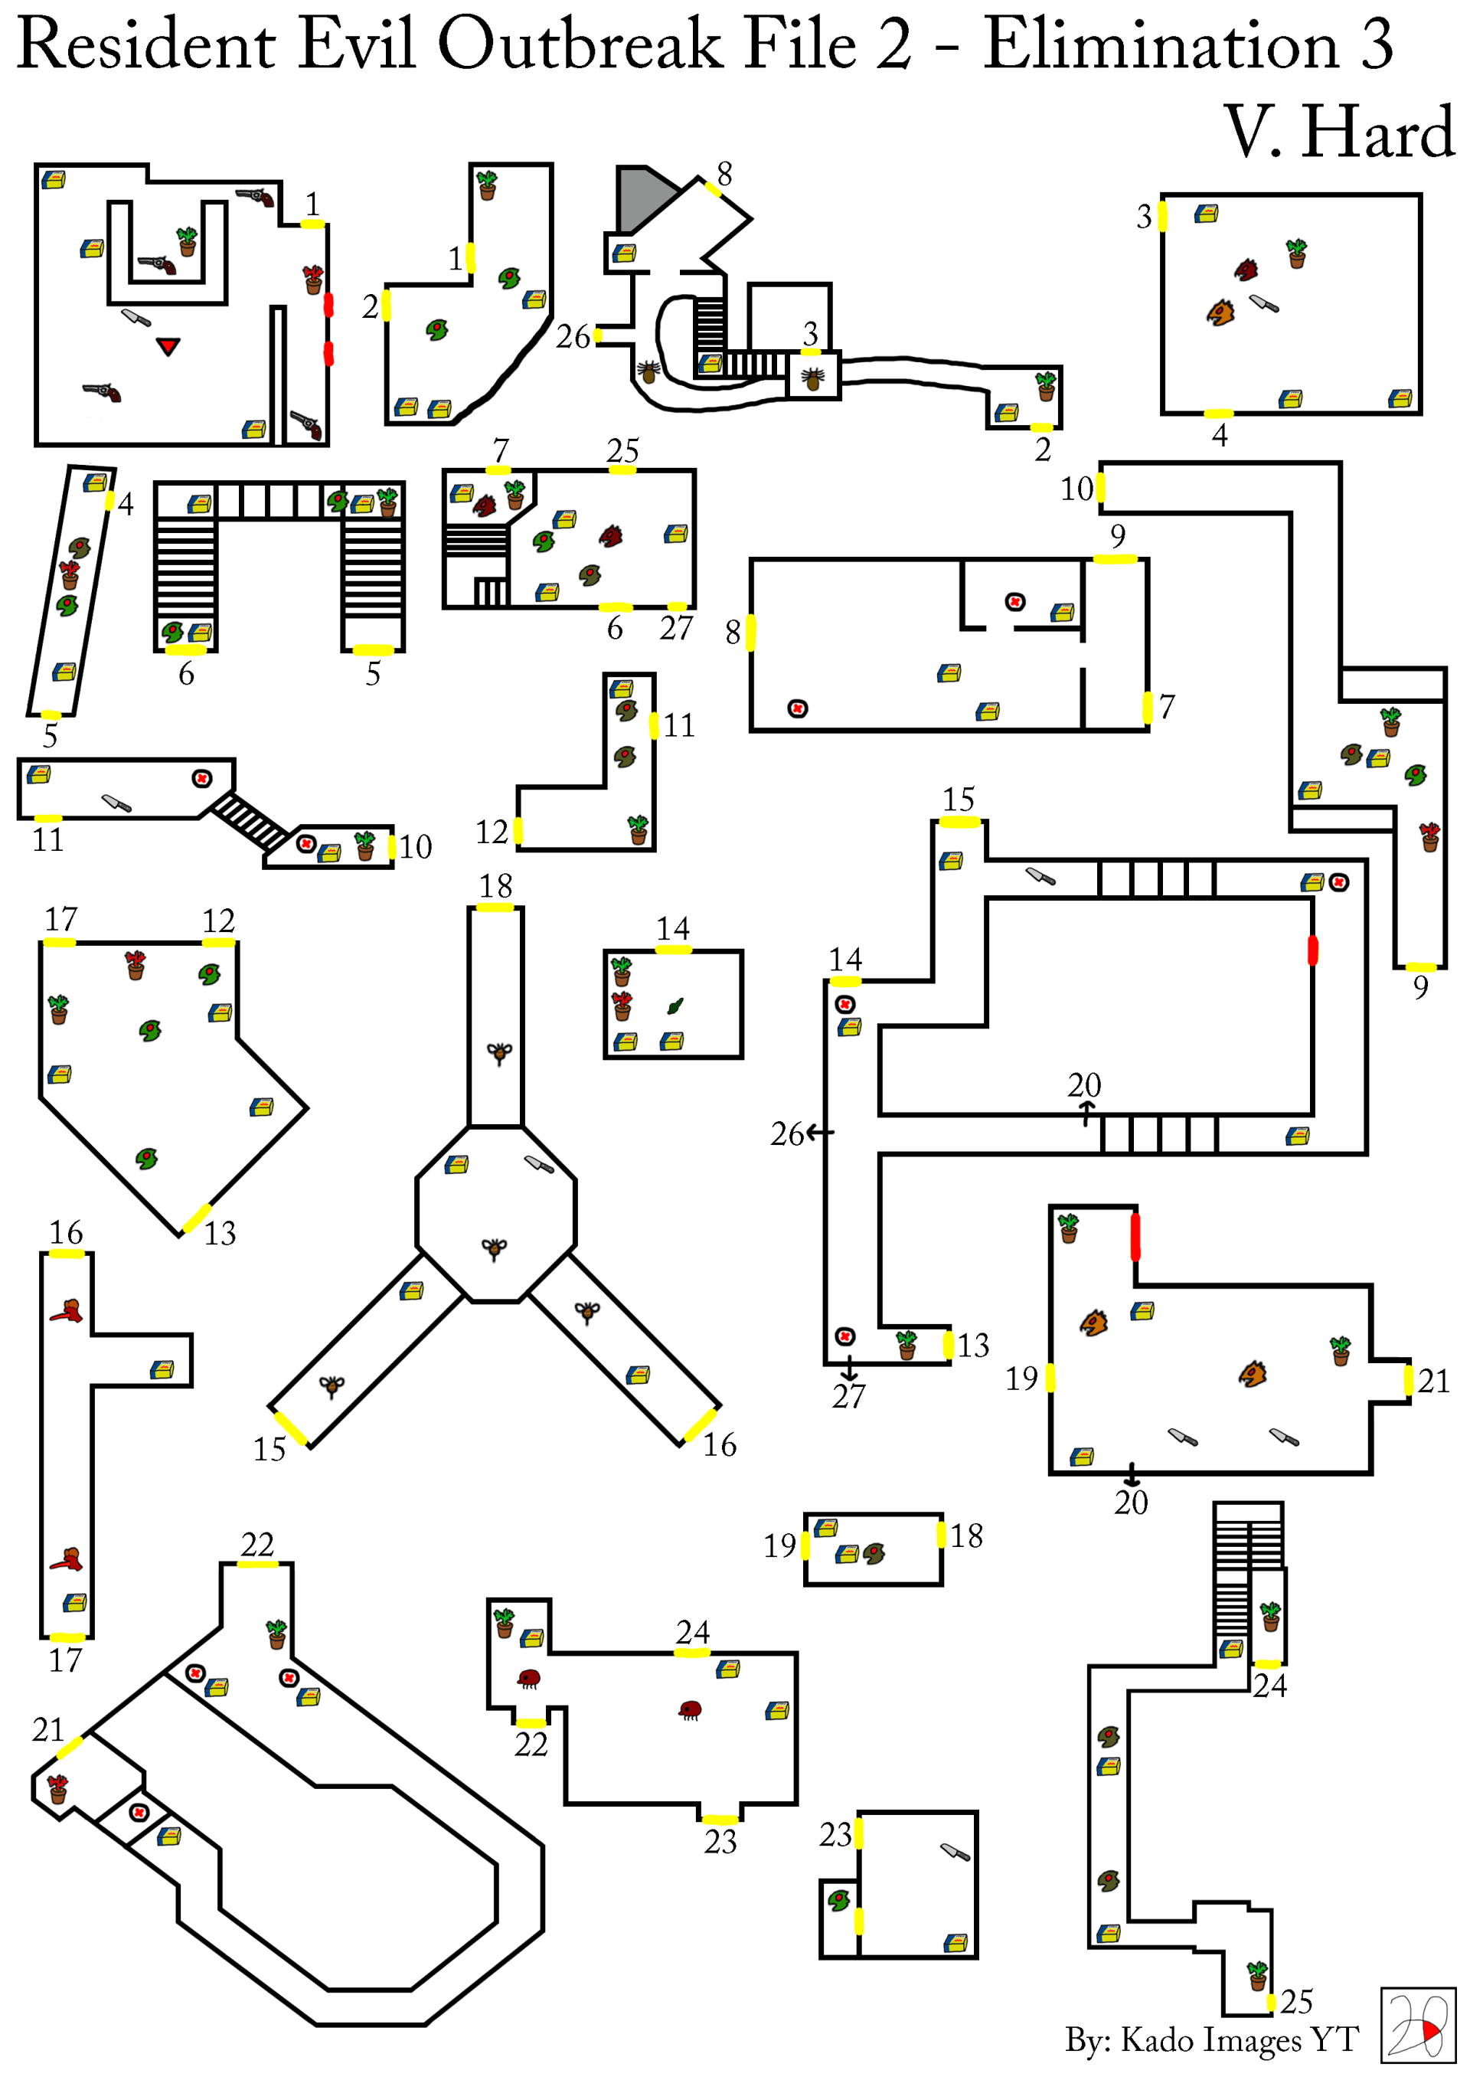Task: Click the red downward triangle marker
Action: (168, 346)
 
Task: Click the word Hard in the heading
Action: (1377, 133)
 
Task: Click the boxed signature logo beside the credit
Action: (1417, 2025)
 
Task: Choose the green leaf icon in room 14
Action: (675, 1006)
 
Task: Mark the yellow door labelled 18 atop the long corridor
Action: (495, 907)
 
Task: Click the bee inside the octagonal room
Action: (495, 1248)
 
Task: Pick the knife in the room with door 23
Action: (955, 1852)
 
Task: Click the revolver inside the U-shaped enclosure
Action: (158, 264)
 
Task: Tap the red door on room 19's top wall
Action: (1135, 1237)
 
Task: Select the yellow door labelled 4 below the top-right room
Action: (1218, 414)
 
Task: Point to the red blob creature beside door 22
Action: (529, 1679)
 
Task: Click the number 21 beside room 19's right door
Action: (1434, 1381)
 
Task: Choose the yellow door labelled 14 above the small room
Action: (673, 950)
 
